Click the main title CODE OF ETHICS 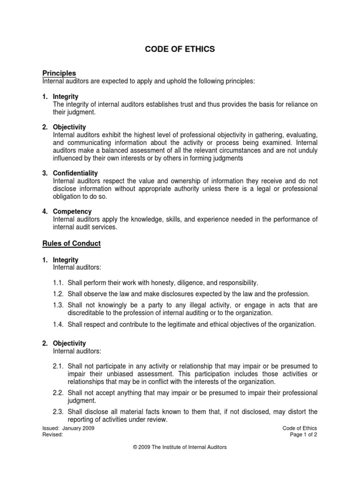pos(180,49)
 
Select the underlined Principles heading pos(59,73)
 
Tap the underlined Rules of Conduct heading pos(72,244)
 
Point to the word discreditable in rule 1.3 pos(86,313)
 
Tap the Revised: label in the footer pos(52,434)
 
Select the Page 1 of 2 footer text pos(304,434)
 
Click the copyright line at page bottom pos(180,447)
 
